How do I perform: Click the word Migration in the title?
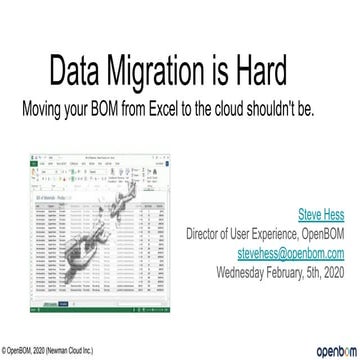(x=172, y=73)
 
